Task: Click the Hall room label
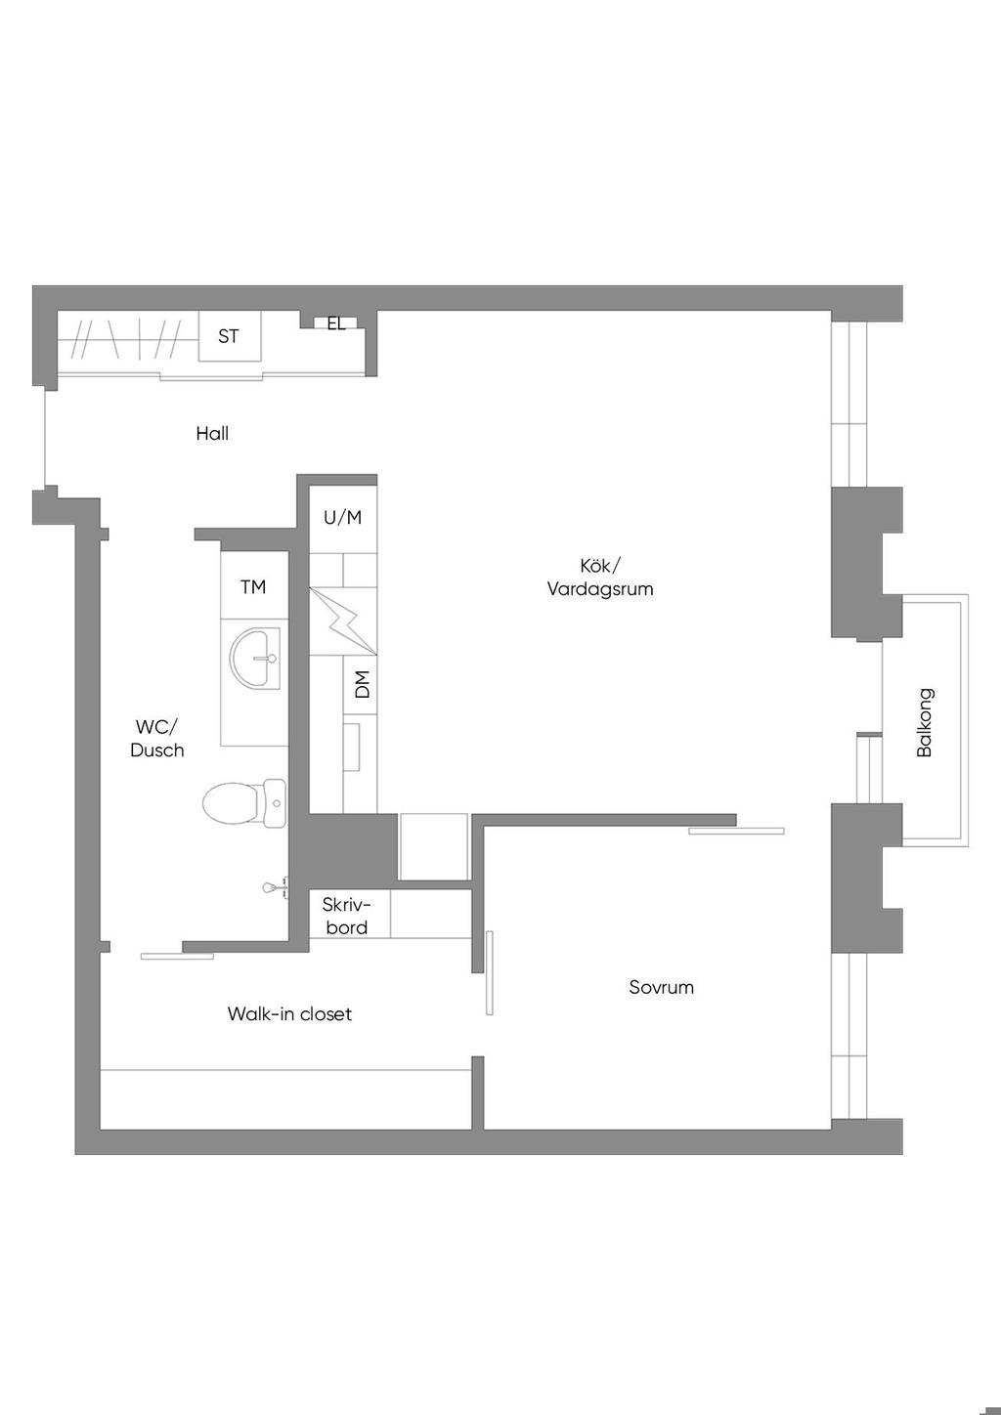[212, 433]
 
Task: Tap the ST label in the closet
[228, 336]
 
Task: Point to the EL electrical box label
[336, 324]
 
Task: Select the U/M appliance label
[342, 517]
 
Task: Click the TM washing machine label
[253, 587]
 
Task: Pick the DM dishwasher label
[362, 684]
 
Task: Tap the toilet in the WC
[244, 802]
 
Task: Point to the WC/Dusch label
[156, 739]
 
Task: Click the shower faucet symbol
[277, 887]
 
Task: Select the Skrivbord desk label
[346, 916]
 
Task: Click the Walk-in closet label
[289, 1014]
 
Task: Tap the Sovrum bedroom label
[661, 987]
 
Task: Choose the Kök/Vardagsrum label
[599, 577]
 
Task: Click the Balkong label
[924, 723]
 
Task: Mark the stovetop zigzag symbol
[342, 622]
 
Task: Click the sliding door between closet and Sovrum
[489, 973]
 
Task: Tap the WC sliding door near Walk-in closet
[177, 957]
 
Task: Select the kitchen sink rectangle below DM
[351, 747]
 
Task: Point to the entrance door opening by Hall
[46, 439]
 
